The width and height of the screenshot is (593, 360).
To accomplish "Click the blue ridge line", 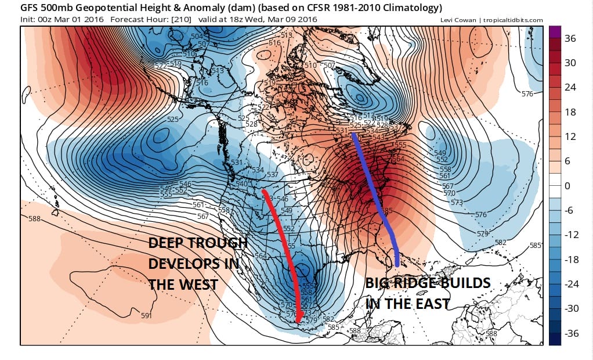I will (x=371, y=186).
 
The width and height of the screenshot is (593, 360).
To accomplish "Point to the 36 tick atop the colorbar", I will (x=571, y=39).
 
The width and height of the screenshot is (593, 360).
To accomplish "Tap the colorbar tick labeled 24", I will (x=571, y=88).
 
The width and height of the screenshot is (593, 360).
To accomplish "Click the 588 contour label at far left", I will (x=34, y=219).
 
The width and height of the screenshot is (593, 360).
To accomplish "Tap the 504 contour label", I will (x=197, y=37).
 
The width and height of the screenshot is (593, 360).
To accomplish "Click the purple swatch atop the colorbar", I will (x=554, y=32).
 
